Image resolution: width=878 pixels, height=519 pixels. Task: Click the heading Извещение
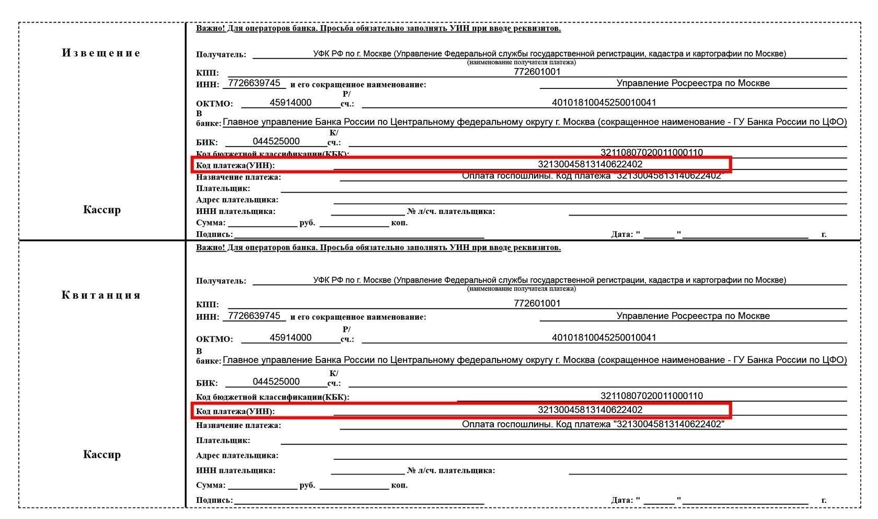(101, 53)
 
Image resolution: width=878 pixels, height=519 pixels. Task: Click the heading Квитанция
(101, 295)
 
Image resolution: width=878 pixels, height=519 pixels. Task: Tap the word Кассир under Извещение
(102, 210)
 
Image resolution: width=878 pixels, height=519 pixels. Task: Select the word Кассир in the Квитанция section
(102, 454)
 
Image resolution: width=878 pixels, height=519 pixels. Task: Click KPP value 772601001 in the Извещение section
(537, 72)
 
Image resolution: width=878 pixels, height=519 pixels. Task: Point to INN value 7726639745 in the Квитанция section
(255, 315)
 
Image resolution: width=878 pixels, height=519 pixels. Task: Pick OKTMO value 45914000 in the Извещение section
(291, 103)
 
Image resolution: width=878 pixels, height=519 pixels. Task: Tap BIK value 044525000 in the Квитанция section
(276, 381)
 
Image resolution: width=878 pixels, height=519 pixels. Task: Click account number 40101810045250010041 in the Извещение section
(604, 103)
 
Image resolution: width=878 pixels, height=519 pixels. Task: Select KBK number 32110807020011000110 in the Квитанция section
(651, 396)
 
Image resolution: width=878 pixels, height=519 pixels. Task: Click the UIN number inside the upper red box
(590, 164)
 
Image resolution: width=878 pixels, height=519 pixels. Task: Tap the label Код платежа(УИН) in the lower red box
(235, 411)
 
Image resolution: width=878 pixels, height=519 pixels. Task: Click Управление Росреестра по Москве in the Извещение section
(693, 83)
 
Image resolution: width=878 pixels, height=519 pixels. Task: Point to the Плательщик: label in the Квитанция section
(223, 441)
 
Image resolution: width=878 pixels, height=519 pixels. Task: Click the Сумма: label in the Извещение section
(211, 223)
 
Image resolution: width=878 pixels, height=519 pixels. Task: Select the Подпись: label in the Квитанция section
(214, 500)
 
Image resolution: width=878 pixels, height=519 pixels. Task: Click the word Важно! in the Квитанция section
(211, 247)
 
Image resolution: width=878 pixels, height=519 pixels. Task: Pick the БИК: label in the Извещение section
(207, 142)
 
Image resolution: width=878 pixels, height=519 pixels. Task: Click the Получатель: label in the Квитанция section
(221, 281)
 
